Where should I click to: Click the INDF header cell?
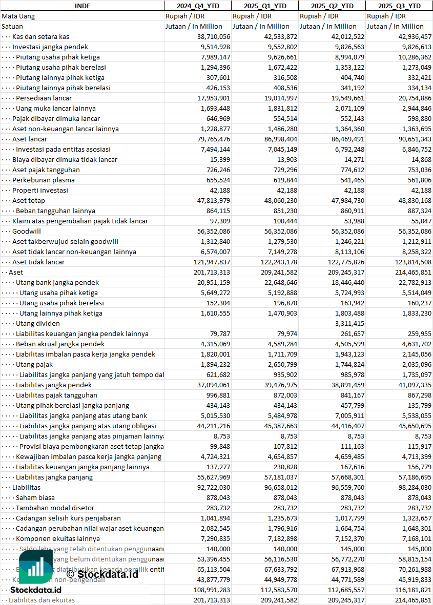tap(82, 6)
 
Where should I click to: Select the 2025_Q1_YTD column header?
tap(265, 6)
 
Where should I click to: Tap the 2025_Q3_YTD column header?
tap(399, 6)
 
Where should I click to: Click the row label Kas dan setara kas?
tap(40, 36)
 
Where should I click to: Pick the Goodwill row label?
tap(27, 231)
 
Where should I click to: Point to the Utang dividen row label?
tap(37, 323)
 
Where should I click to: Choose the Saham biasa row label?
tap(35, 497)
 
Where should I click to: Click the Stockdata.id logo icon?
tap(35, 567)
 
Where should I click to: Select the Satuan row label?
tap(12, 26)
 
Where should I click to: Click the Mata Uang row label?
tap(18, 16)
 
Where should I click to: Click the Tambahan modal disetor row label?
tap(55, 508)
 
